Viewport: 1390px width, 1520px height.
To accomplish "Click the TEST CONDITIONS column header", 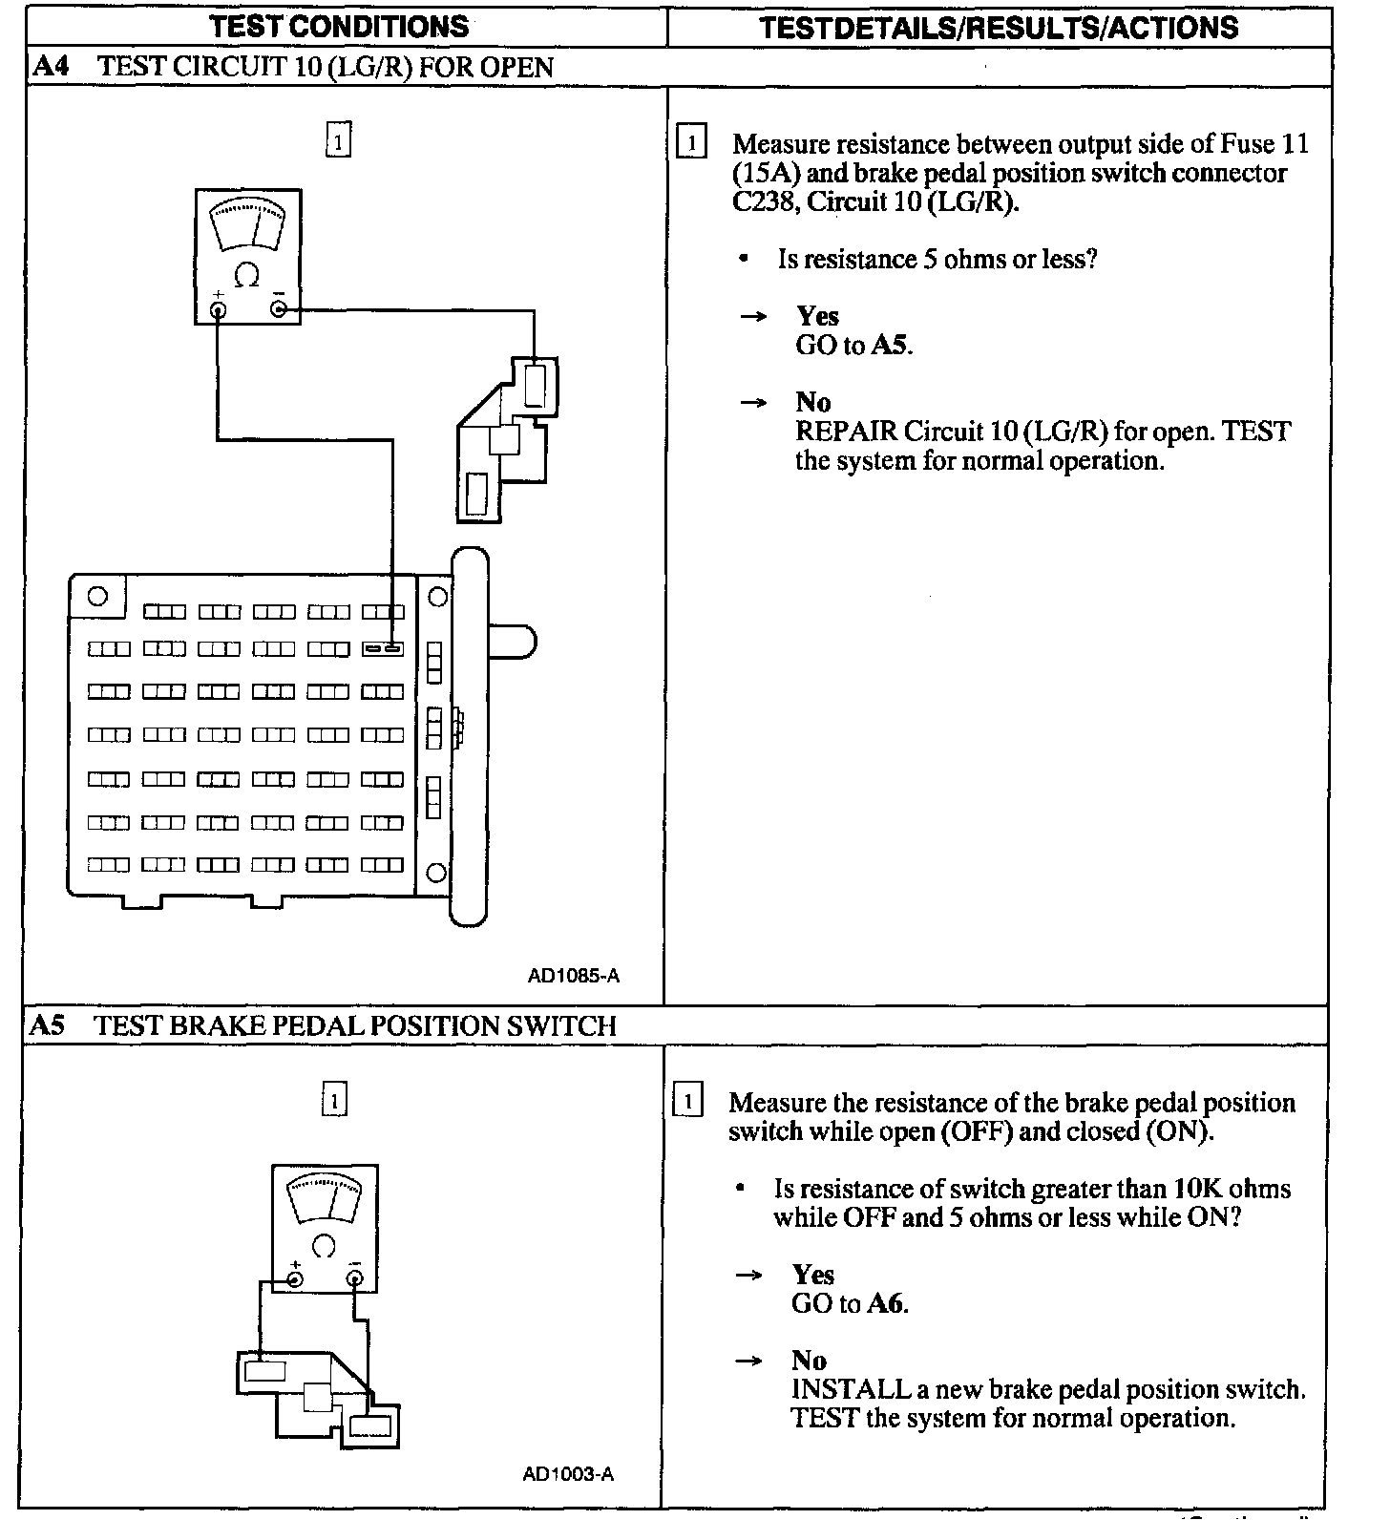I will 339,26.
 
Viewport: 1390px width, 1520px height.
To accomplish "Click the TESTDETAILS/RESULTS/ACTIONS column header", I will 999,27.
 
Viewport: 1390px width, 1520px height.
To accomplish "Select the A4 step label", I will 49,67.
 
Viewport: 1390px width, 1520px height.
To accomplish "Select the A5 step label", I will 48,1025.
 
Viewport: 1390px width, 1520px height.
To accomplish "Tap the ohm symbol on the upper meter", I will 246,277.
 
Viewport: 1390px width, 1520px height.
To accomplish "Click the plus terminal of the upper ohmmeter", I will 219,309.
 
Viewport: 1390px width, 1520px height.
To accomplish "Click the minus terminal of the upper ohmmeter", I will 278,308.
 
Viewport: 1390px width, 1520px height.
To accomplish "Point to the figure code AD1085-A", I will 573,976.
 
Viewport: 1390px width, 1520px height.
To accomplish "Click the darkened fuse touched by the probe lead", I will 383,649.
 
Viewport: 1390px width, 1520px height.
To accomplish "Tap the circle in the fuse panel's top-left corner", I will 97,597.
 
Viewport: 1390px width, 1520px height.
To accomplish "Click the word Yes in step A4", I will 817,317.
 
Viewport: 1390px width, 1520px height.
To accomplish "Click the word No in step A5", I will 809,1361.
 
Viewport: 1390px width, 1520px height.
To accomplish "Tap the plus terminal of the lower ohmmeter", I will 295,1279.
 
